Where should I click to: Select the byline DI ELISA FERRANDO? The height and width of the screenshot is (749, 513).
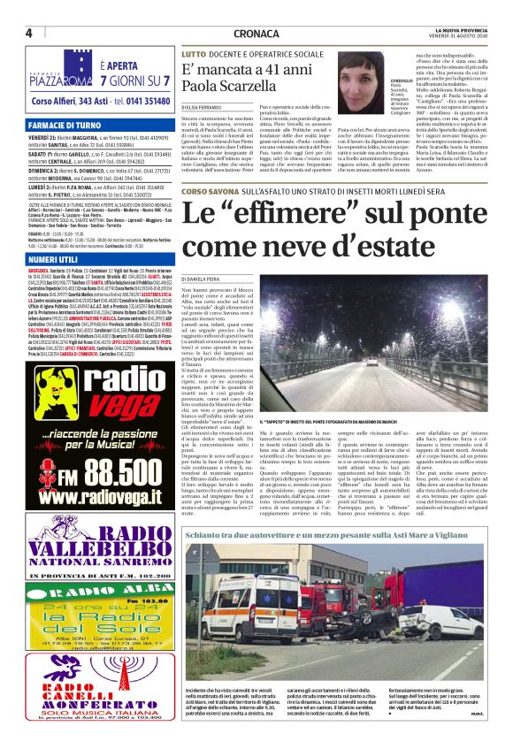click(203, 108)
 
